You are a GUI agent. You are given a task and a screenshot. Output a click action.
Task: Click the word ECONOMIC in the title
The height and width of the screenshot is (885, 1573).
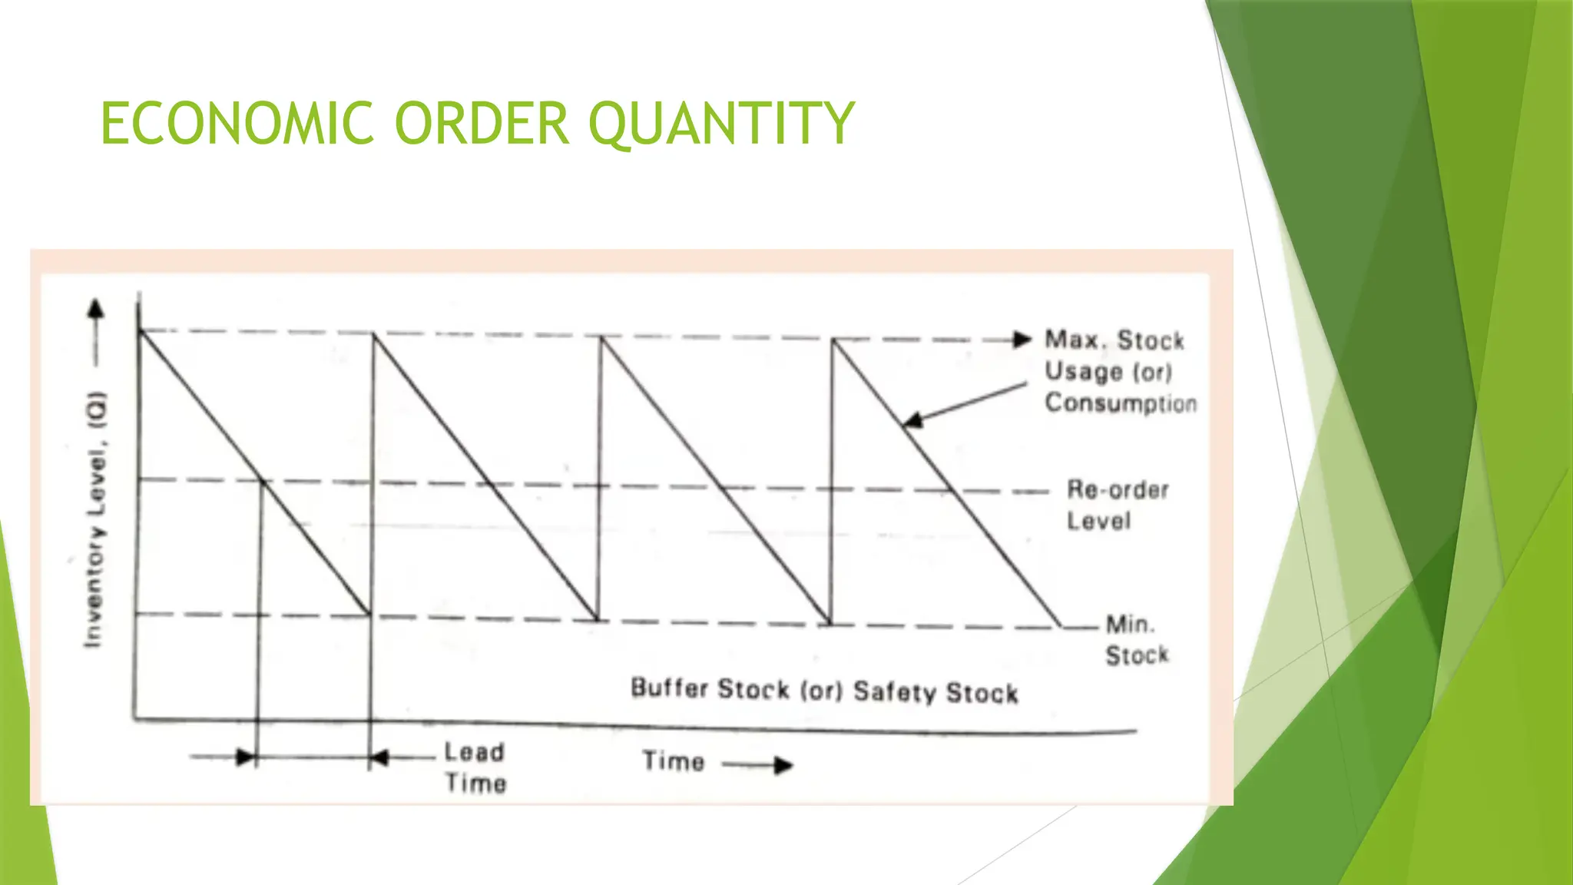237,123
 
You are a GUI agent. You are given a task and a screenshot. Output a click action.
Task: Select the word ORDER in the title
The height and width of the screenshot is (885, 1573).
482,123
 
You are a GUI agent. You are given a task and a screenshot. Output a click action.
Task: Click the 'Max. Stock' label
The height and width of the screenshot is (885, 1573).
1114,340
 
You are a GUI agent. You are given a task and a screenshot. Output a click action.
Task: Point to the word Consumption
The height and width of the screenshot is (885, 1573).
1121,403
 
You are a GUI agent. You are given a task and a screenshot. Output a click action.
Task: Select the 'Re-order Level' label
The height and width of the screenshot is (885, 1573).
1118,505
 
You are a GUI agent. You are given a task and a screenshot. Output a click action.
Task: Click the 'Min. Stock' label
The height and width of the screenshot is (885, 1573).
1136,639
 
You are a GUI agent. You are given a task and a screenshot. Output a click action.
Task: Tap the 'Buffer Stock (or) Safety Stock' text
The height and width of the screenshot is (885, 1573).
824,691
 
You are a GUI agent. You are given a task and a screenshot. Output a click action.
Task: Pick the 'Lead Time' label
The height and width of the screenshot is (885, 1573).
475,767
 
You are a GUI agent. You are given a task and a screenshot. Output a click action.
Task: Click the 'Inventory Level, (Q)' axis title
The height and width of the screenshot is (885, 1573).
95,519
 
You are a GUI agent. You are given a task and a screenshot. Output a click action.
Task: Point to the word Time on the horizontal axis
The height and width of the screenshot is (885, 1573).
674,761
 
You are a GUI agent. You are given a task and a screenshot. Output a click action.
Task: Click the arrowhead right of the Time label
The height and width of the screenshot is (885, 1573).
783,765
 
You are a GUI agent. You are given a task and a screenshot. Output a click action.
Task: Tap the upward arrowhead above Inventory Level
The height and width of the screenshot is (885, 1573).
95,309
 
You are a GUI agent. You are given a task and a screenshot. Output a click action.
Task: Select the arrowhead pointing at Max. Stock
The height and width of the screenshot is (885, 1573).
1022,340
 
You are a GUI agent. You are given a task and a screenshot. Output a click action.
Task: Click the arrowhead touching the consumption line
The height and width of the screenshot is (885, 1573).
912,419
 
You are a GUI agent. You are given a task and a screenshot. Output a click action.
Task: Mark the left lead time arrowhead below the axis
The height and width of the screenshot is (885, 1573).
245,757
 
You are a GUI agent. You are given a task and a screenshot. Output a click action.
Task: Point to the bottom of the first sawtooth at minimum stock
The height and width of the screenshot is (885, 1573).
369,614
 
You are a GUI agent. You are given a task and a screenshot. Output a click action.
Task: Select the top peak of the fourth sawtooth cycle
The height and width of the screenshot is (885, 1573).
833,340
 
